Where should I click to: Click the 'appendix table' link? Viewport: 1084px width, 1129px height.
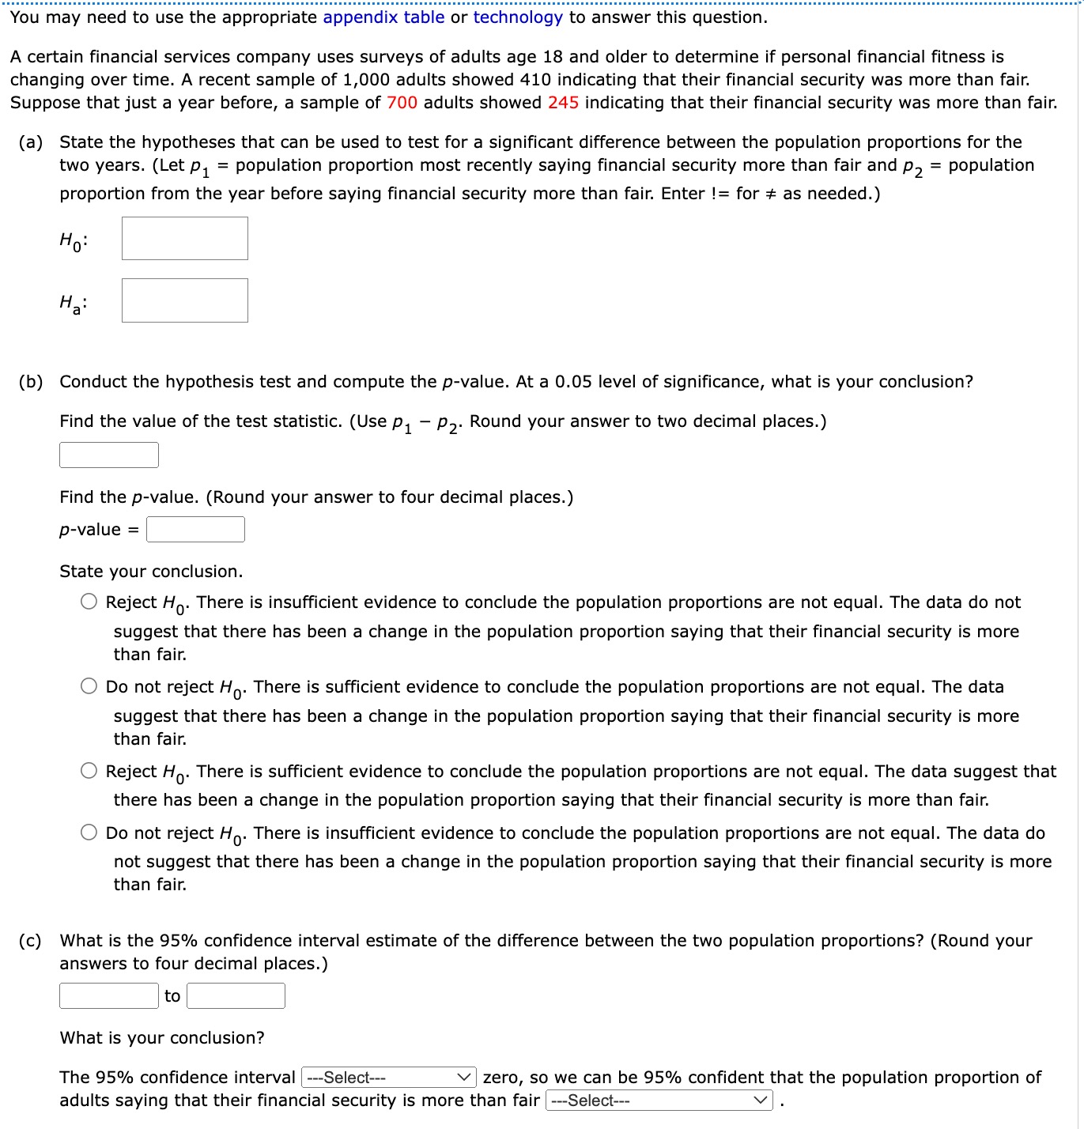tap(383, 17)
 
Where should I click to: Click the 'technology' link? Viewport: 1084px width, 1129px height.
tap(518, 17)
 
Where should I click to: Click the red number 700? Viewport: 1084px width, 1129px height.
tap(402, 103)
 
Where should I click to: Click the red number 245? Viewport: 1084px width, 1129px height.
tap(563, 103)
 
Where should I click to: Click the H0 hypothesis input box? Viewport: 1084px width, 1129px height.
tap(185, 239)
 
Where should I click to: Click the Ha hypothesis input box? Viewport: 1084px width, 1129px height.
tap(185, 300)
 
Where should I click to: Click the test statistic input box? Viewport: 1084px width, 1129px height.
tap(109, 455)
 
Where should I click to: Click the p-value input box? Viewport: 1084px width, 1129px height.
tap(195, 530)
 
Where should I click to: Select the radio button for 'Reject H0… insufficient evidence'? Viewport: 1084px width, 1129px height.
tap(89, 602)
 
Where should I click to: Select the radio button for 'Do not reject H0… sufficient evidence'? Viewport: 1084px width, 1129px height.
tap(89, 686)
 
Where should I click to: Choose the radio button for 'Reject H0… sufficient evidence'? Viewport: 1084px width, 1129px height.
tap(89, 771)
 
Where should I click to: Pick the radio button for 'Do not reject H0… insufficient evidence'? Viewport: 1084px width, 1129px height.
tap(89, 833)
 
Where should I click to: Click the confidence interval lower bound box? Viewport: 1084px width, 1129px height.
tap(109, 996)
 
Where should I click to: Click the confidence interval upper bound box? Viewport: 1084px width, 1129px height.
tap(236, 996)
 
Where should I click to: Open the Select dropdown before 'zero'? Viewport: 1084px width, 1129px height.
tap(388, 1078)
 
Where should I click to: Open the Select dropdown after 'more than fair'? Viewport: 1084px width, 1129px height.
tap(659, 1101)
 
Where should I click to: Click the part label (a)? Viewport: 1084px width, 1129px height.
tap(31, 142)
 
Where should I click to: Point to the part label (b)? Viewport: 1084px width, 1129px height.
tap(31, 382)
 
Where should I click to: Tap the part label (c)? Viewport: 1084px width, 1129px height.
tap(31, 941)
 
